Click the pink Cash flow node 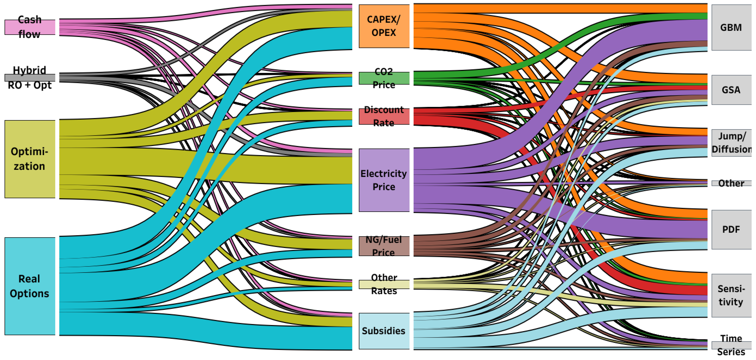tap(30, 27)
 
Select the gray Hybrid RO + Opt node tap(30, 78)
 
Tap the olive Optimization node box tap(30, 159)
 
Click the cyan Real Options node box tap(30, 286)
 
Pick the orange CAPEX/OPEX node tap(384, 26)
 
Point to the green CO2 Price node tap(384, 78)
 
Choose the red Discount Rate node tap(384, 116)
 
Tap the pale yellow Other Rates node tap(384, 284)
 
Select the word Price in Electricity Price tap(384, 187)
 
